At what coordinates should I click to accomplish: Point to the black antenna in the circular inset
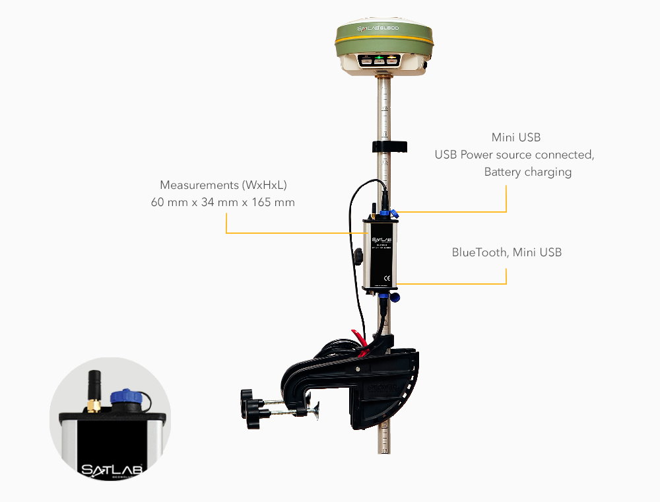(x=94, y=386)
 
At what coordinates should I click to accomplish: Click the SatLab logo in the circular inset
(x=111, y=470)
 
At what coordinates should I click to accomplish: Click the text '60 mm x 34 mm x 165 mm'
(x=223, y=202)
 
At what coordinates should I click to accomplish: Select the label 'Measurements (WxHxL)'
(x=223, y=185)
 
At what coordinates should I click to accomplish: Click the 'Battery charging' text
(x=527, y=172)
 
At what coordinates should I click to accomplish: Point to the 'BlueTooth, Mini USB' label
(x=507, y=252)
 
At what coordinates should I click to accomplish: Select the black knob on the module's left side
(x=358, y=256)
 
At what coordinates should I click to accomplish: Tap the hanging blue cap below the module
(x=394, y=297)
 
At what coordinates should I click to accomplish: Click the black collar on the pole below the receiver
(x=389, y=146)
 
